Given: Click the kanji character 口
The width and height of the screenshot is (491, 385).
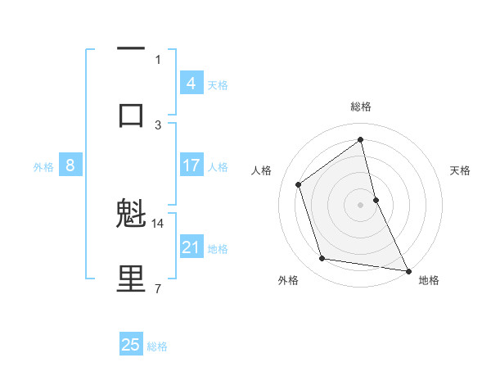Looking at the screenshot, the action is pos(131,115).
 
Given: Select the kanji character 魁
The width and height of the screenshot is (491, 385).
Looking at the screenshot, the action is pos(131,215).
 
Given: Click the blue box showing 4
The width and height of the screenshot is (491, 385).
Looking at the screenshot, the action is pos(191,83).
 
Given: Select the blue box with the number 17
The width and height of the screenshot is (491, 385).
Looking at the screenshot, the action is pos(191,166).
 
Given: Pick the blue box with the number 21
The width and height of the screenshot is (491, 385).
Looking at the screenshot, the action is pos(191,247).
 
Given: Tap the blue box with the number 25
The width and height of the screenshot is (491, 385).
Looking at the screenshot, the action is pos(131,345).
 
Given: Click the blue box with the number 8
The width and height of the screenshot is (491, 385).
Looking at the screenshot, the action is pos(70,166).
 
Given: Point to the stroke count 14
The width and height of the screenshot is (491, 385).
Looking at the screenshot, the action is pos(158,223).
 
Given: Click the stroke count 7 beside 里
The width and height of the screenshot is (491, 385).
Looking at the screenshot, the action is pos(158,288).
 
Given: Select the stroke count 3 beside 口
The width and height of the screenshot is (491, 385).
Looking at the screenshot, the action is pos(158,125).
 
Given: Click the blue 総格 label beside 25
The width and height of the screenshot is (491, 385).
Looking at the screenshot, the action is pos(157,346).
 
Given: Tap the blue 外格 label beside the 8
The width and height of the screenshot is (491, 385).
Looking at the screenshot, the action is pos(43,167).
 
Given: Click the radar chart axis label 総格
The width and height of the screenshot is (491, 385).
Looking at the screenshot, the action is pos(361,106).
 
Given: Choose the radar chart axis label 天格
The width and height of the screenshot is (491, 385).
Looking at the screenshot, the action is pos(461,170).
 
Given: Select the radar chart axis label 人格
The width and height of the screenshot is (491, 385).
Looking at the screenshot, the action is pos(261,170).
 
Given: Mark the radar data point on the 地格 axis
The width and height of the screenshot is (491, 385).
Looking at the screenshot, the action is pos(408,269).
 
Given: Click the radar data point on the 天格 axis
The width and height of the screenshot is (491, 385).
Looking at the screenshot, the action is pos(376,199).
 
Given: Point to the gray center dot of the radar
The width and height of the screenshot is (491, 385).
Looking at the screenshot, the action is pos(361,204).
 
